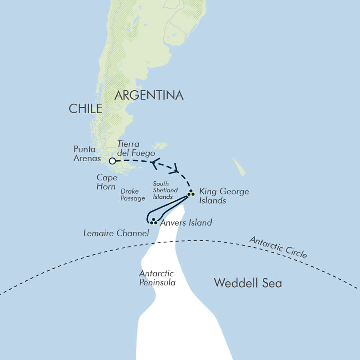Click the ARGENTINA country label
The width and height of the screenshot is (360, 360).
coord(149,95)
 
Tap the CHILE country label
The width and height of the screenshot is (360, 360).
coord(85,108)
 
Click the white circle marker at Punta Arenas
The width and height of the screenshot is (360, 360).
coord(112,161)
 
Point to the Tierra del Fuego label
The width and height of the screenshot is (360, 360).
coord(136,148)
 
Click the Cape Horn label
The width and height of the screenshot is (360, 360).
coord(107,182)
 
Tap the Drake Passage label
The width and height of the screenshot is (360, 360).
coord(133,195)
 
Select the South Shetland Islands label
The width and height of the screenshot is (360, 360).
coord(165,190)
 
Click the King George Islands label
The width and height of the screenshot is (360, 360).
coord(224,196)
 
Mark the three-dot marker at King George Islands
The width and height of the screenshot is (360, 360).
coord(191,193)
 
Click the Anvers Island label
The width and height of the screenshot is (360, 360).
coord(186,223)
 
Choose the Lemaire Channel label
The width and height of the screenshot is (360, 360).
coord(116,233)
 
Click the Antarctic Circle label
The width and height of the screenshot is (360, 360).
coord(278,247)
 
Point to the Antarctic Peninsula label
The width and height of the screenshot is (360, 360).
coord(157,278)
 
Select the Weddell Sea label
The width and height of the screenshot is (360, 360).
coord(248,283)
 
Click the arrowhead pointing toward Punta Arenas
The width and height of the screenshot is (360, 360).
coord(154,163)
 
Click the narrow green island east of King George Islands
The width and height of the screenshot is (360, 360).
coord(239,167)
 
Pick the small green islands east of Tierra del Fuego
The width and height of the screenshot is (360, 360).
coord(160,146)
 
